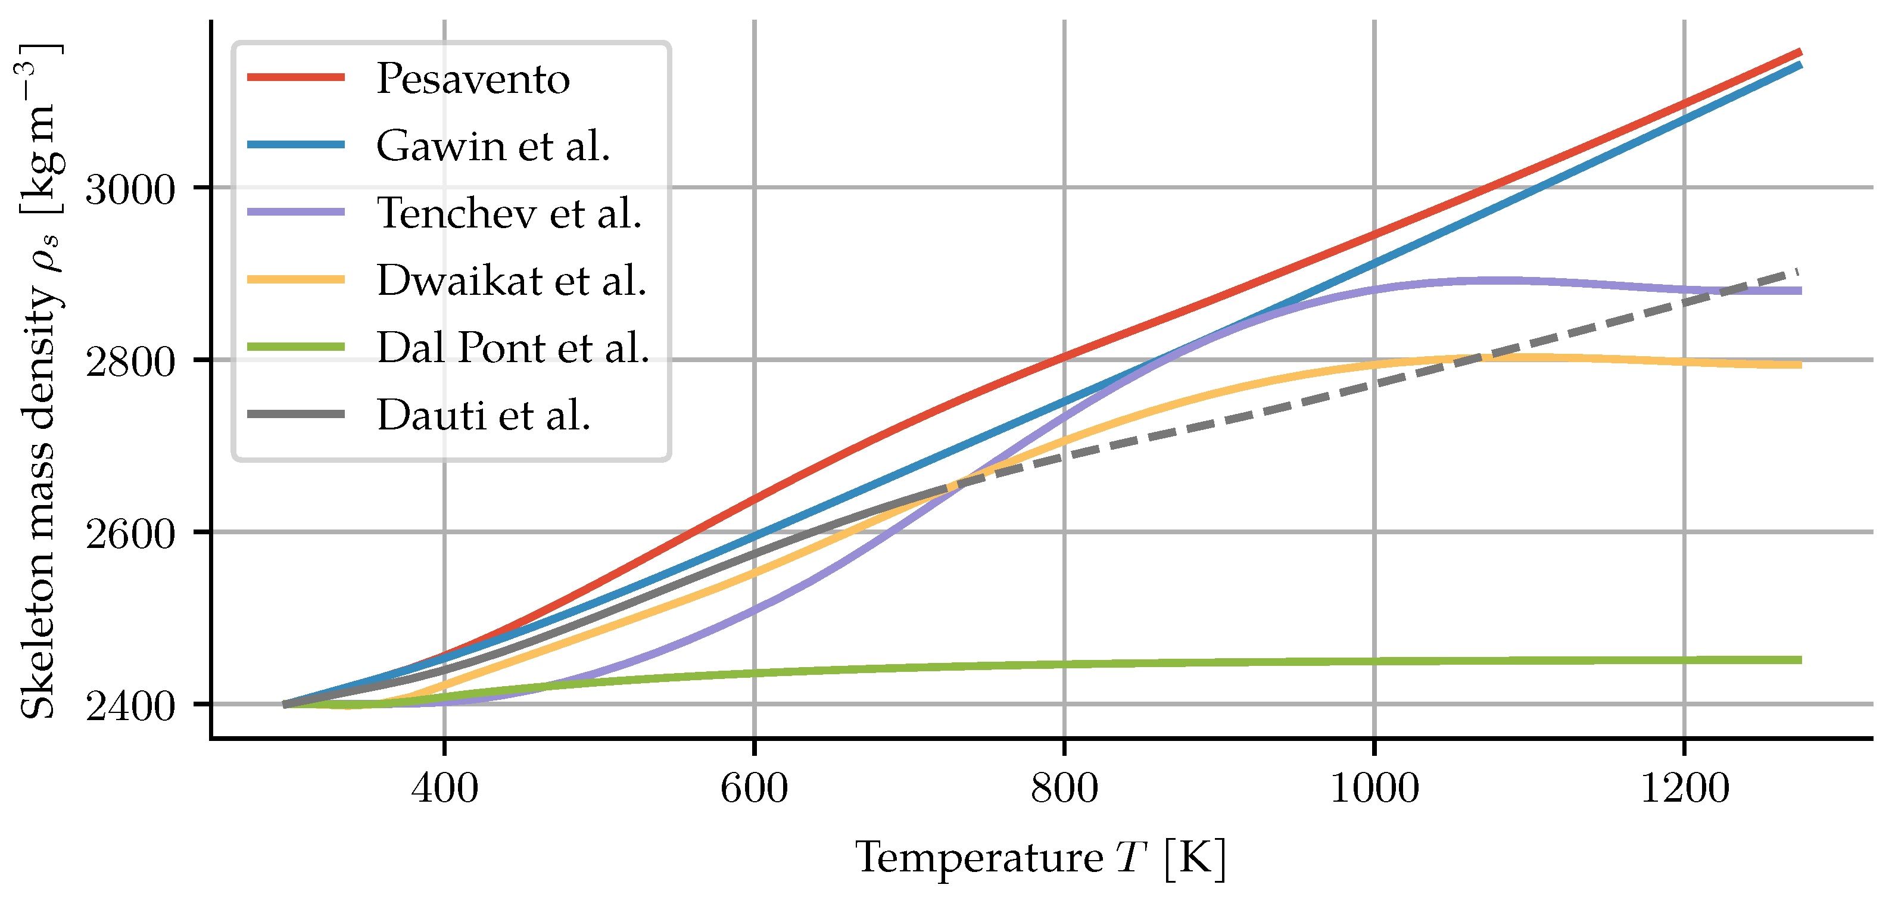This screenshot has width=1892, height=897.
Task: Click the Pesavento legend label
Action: [x=472, y=78]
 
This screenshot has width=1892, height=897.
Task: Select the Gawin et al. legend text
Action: [x=493, y=145]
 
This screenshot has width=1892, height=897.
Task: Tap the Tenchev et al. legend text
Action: [x=509, y=213]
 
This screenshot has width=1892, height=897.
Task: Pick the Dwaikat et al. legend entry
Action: [x=511, y=281]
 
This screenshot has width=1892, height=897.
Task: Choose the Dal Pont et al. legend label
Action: [x=513, y=347]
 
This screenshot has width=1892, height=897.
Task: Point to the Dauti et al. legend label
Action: [x=484, y=415]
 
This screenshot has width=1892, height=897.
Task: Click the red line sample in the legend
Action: [x=296, y=77]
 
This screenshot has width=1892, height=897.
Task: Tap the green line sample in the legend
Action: [x=296, y=347]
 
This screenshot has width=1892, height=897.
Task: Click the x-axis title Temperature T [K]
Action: [x=1040, y=857]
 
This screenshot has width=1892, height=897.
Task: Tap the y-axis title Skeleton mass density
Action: [x=38, y=382]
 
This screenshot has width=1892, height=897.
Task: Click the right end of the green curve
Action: [x=1800, y=660]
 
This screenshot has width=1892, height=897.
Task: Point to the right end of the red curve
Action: [x=1800, y=52]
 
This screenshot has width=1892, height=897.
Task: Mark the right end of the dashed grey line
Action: [x=1797, y=271]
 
